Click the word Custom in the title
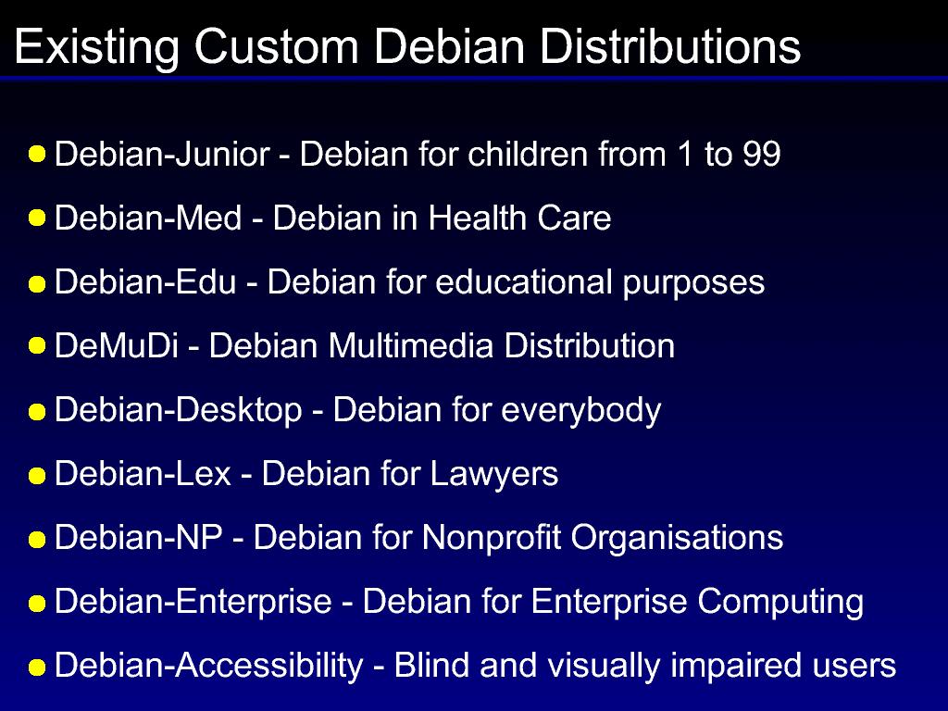coord(276,46)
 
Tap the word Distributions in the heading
coord(670,46)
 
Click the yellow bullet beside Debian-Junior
coord(37,154)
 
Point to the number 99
coord(762,154)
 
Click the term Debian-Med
coord(148,218)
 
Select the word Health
coord(477,218)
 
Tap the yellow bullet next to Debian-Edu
coord(37,284)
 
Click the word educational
coord(524,281)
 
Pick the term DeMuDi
coord(117,346)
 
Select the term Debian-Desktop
coord(179,411)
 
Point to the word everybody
coord(581,411)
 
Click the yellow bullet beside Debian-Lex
coord(37,476)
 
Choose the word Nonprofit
coord(492,538)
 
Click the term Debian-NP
coord(139,538)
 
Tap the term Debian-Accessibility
coord(208,667)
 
